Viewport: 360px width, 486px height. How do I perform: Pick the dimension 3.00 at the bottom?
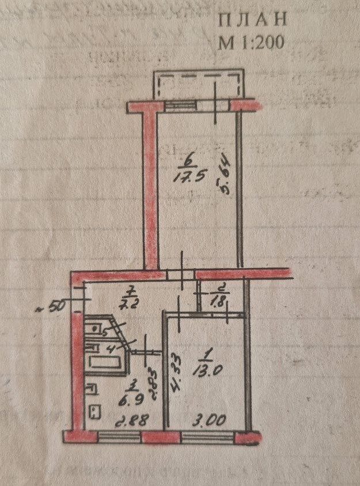click(210, 421)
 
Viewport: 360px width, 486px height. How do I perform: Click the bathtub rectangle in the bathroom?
click(104, 362)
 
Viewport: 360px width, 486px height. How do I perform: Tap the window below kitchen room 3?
click(119, 436)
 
